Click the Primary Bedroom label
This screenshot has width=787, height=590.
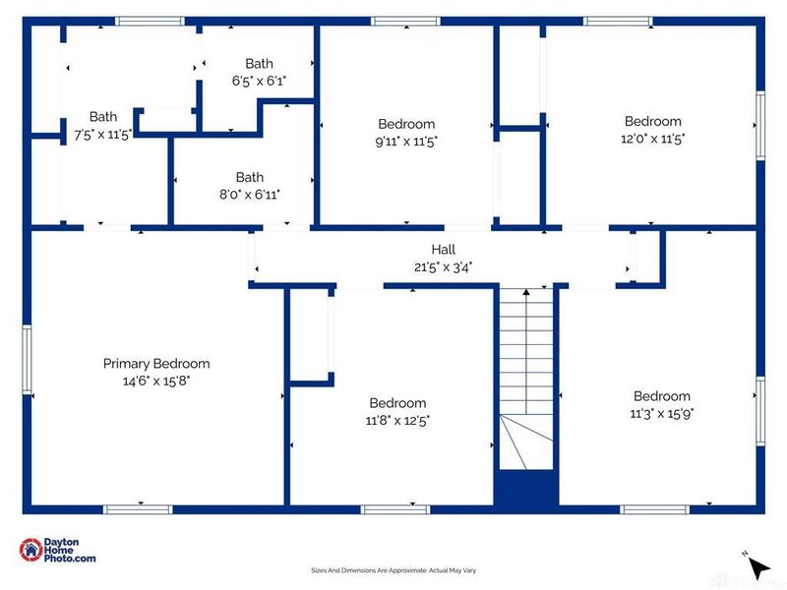click(156, 364)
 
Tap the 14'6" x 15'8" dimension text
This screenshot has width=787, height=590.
click(156, 381)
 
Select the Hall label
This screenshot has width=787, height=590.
click(444, 250)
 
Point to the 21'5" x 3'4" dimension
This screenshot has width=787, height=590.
click(444, 266)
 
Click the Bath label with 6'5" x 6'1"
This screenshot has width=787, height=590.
click(259, 64)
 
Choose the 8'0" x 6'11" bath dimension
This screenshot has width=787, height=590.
click(250, 194)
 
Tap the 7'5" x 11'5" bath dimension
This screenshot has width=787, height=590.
click(103, 135)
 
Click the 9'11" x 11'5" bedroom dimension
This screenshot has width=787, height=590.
click(406, 142)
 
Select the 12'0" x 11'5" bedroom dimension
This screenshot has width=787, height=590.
click(653, 139)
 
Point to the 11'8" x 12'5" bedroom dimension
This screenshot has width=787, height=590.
click(397, 421)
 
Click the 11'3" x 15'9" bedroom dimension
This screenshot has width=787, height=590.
click(662, 413)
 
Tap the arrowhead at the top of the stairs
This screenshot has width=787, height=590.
click(526, 291)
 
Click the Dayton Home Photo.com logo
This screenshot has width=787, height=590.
click(57, 550)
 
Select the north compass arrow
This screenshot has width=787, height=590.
click(758, 567)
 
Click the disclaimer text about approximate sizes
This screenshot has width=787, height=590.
click(393, 570)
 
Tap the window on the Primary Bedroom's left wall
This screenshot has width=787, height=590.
click(27, 359)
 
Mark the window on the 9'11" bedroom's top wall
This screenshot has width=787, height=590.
click(405, 21)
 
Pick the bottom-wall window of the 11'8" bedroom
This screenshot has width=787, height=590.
click(395, 509)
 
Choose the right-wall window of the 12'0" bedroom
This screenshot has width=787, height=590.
click(760, 126)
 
